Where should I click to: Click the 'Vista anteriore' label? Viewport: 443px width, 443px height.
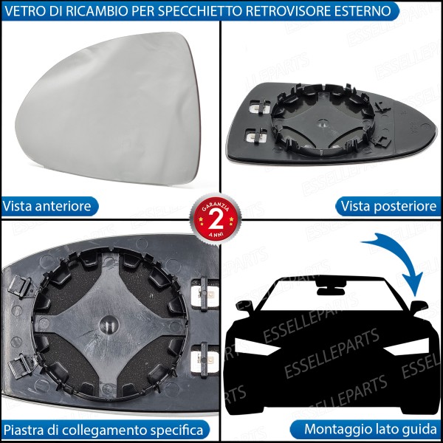point(48,206)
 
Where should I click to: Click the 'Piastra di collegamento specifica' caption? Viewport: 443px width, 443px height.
point(103,429)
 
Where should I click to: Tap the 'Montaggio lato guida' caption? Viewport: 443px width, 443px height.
point(371,429)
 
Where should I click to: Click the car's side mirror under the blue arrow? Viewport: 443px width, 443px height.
point(419,304)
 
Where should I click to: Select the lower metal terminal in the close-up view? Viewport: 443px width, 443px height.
point(203,357)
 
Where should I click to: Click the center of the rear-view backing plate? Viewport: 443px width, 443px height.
point(321,126)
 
